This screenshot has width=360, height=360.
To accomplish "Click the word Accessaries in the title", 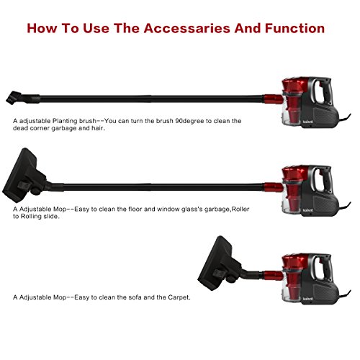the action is [x=187, y=28].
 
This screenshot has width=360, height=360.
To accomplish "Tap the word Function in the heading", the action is [x=294, y=28].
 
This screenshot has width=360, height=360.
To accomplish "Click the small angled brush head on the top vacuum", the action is [x=14, y=98].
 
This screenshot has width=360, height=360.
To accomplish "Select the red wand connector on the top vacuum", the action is [x=274, y=99].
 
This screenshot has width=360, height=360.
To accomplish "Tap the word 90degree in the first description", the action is [x=190, y=121].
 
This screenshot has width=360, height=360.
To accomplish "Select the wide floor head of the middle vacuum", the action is [x=24, y=176].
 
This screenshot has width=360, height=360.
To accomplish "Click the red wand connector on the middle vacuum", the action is [x=274, y=187].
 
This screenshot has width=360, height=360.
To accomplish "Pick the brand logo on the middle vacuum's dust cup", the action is [x=307, y=210].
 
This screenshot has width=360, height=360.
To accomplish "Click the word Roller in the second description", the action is [x=240, y=209].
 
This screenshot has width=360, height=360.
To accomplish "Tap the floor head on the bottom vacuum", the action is [x=219, y=264].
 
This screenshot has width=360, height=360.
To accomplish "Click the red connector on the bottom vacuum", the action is [x=274, y=275].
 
